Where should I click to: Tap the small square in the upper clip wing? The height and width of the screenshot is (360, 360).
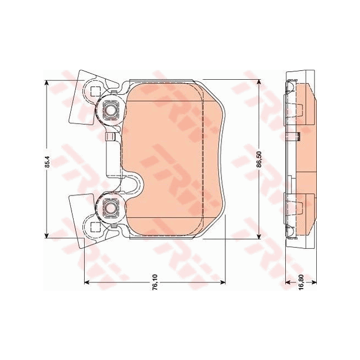tap(94, 92)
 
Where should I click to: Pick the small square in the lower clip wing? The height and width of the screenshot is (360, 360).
tap(94, 226)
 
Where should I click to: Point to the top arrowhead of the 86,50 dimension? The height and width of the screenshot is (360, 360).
tap(259, 82)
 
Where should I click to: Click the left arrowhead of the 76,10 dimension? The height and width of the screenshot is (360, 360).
tap(86, 282)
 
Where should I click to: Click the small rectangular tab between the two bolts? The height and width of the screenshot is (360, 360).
tap(110, 136)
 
